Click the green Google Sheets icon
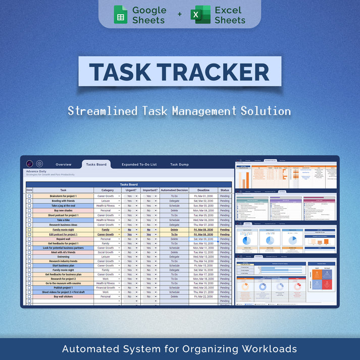(120, 15)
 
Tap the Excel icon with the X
(200, 15)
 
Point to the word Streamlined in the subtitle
(100, 111)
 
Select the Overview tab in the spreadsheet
(64, 165)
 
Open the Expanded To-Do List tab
(139, 165)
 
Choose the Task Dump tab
(179, 165)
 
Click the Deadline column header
(203, 190)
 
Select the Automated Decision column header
(174, 190)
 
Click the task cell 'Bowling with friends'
(64, 201)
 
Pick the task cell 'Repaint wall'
(64, 239)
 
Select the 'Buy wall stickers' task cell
(64, 296)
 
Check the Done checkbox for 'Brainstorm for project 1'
(29, 196)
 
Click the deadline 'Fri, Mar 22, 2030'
(203, 296)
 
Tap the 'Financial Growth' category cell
(106, 287)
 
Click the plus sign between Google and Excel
(179, 15)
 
